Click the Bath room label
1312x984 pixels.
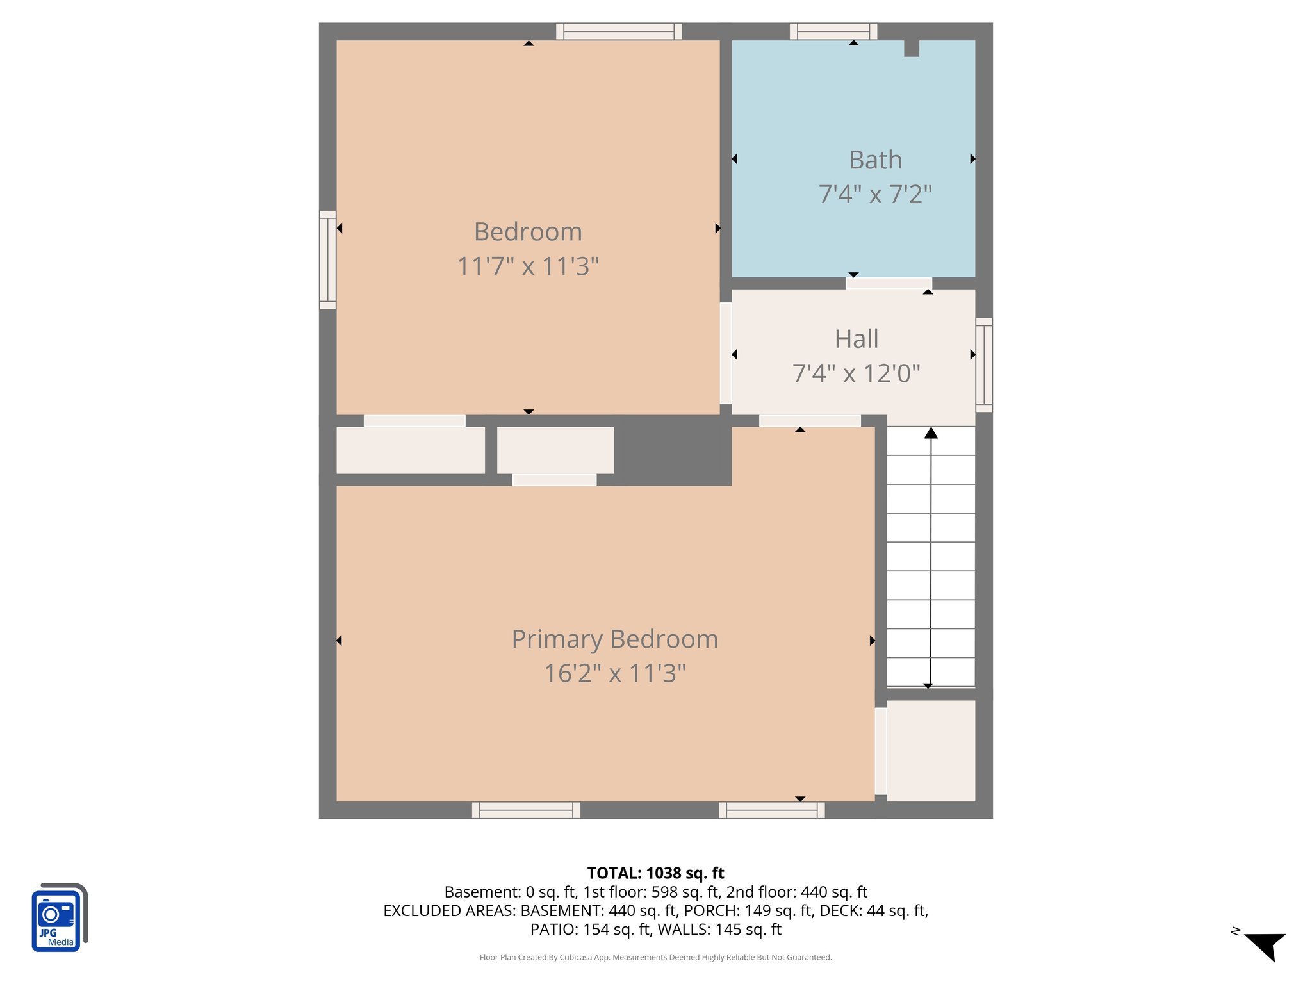click(875, 160)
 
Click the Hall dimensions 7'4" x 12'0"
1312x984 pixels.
click(856, 373)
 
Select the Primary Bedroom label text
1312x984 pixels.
click(614, 639)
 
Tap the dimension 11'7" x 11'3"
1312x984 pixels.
click(528, 266)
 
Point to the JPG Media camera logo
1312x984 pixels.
click(58, 917)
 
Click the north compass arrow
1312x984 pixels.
click(1265, 946)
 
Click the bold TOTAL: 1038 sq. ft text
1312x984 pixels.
click(655, 873)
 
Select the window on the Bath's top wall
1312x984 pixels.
click(833, 31)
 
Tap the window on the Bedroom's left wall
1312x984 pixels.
click(327, 259)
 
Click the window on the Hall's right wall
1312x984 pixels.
click(984, 365)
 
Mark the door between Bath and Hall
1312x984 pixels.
click(888, 283)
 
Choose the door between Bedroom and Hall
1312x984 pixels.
click(725, 353)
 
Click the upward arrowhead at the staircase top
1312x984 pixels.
click(931, 433)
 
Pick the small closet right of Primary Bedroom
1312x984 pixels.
click(930, 750)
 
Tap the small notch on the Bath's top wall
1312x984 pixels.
click(911, 49)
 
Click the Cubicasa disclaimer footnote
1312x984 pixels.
click(655, 957)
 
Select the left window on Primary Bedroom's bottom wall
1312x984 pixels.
click(526, 810)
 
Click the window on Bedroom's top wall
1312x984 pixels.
click(618, 31)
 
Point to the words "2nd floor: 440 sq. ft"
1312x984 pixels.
click(796, 892)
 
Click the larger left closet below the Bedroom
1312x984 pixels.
click(410, 450)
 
